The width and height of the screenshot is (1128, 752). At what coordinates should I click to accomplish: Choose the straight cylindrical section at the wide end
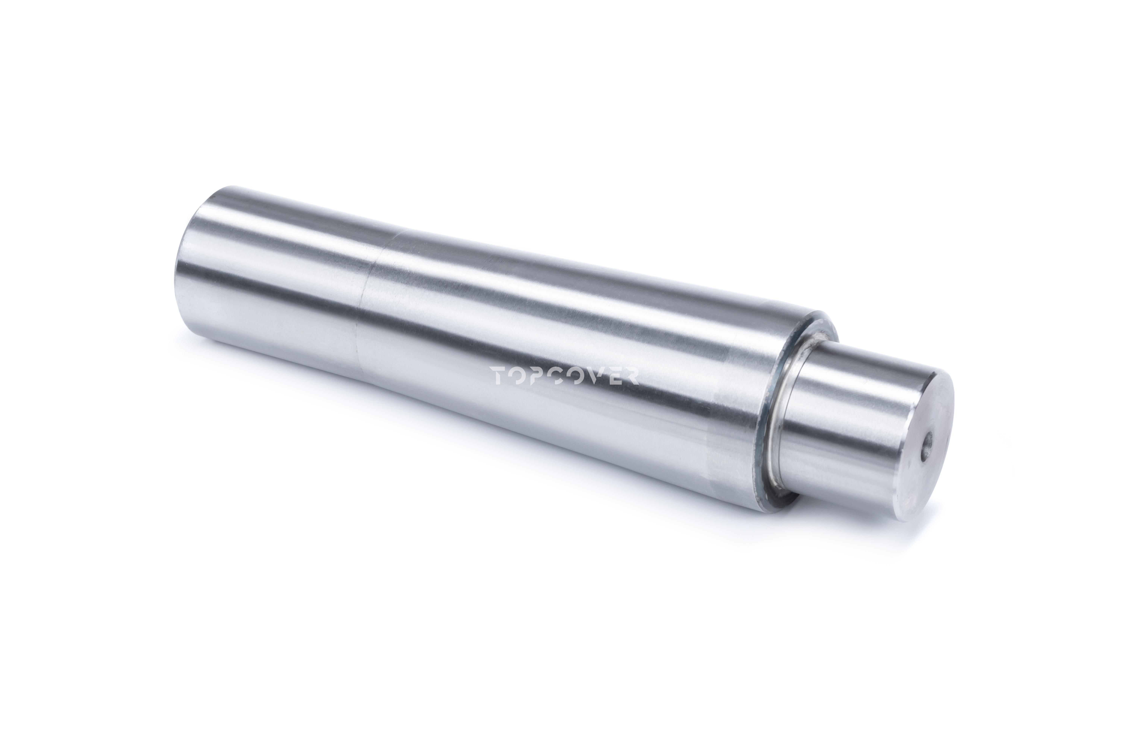(x=278, y=278)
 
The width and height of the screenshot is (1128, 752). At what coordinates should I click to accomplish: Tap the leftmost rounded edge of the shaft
(x=185, y=269)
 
